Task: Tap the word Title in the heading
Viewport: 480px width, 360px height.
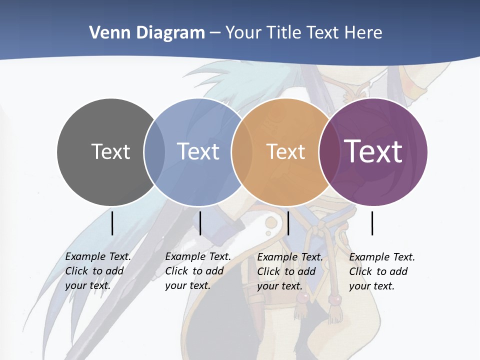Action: pyautogui.click(x=284, y=32)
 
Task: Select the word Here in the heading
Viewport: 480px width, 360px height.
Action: pyautogui.click(x=364, y=32)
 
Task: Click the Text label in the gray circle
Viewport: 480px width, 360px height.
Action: pyautogui.click(x=110, y=151)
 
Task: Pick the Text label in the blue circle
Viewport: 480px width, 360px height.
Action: pyautogui.click(x=198, y=151)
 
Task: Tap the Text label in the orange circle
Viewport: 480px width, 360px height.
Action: pyautogui.click(x=285, y=151)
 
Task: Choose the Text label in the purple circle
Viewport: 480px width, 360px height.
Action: pyautogui.click(x=373, y=151)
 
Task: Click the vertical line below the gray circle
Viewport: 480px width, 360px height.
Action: pyautogui.click(x=112, y=223)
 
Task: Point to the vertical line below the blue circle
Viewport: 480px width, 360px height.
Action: pyautogui.click(x=200, y=223)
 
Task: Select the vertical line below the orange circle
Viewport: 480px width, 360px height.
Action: pyautogui.click(x=288, y=223)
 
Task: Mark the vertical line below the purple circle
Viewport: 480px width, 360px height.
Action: pyautogui.click(x=372, y=223)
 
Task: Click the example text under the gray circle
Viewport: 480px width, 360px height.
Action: pyautogui.click(x=97, y=271)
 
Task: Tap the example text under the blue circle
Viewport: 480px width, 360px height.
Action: pyautogui.click(x=197, y=271)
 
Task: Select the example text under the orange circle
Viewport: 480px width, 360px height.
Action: pyautogui.click(x=289, y=271)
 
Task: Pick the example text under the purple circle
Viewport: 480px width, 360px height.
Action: pyautogui.click(x=381, y=271)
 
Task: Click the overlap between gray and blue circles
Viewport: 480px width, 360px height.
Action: pyautogui.click(x=154, y=152)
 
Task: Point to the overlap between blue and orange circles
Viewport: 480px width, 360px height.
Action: pyautogui.click(x=241, y=152)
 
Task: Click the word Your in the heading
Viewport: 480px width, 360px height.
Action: pyautogui.click(x=243, y=32)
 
